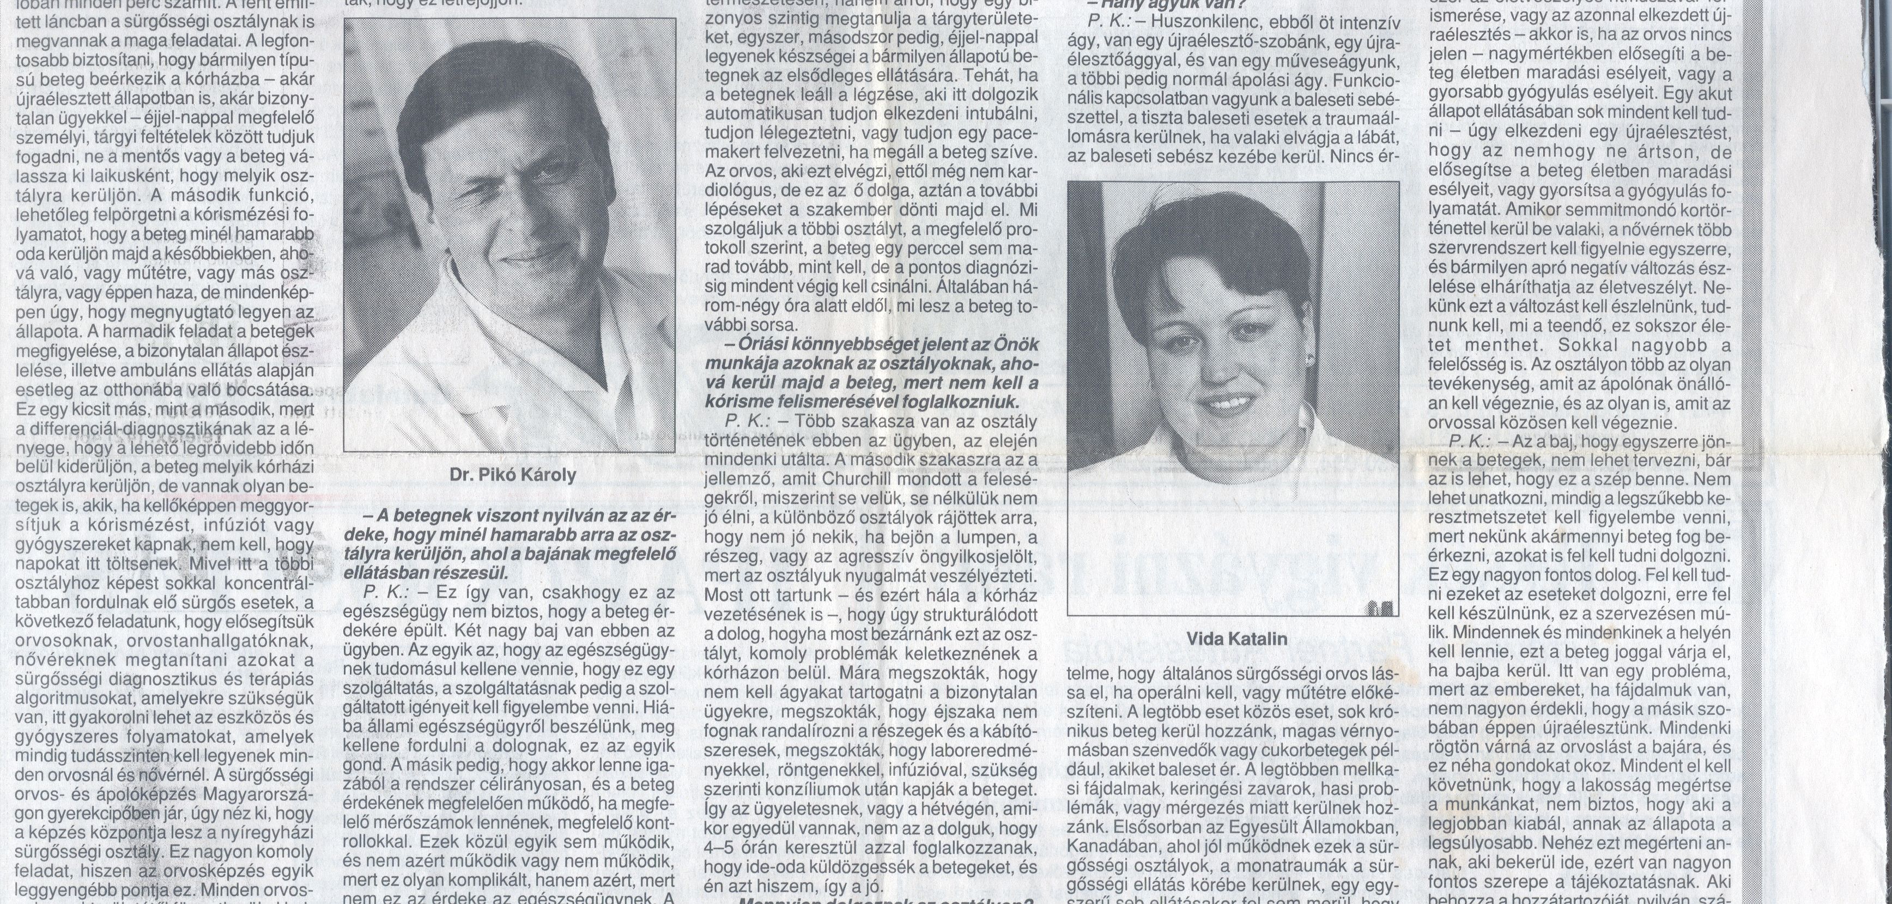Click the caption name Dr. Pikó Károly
tap(513, 475)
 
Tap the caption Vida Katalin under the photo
tap(1237, 639)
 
